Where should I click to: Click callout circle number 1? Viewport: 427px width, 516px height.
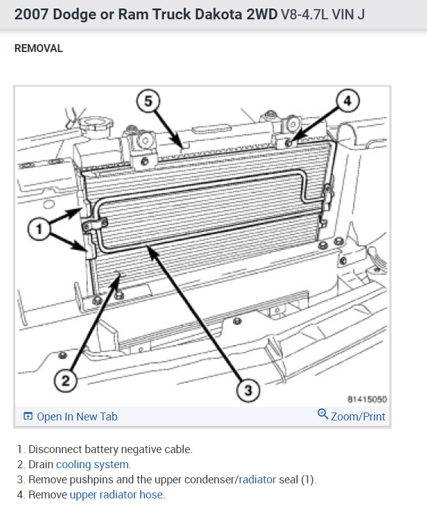point(40,229)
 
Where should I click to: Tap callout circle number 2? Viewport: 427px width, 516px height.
point(66,380)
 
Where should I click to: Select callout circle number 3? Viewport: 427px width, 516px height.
point(247,391)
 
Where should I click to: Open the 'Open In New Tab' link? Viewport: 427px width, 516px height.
point(77,416)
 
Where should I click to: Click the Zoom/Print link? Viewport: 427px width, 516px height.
point(358,416)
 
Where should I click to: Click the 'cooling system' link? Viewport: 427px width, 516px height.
point(93,465)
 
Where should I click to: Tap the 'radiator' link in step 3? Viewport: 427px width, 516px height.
point(257,480)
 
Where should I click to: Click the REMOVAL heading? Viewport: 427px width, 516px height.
point(39,48)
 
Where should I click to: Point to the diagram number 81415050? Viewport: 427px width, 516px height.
point(367,399)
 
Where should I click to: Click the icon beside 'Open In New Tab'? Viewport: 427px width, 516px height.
point(27,416)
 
